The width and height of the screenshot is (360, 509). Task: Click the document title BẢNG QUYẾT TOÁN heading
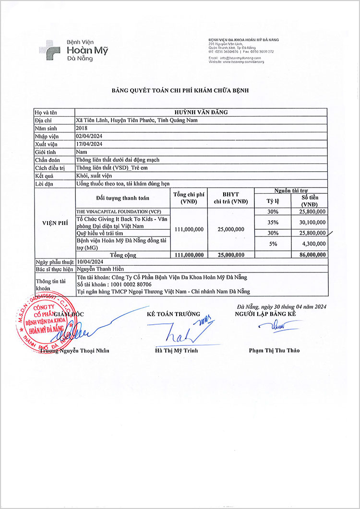point(180,90)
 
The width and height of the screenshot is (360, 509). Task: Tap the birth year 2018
point(82,128)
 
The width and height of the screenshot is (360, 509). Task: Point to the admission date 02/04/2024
point(89,136)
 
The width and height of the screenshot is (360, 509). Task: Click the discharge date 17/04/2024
point(89,144)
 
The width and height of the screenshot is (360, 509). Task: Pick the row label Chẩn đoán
point(47,160)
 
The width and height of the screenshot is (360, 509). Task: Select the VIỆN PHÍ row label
point(55,223)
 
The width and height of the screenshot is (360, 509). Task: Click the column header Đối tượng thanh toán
point(122,198)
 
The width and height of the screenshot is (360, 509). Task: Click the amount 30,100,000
point(312,222)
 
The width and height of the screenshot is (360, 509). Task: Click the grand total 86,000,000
point(312,254)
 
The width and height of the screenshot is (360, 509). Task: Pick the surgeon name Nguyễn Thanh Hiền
point(100,269)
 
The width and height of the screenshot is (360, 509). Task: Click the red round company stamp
point(42,320)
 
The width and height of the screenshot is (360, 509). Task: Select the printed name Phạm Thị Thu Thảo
point(274,350)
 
